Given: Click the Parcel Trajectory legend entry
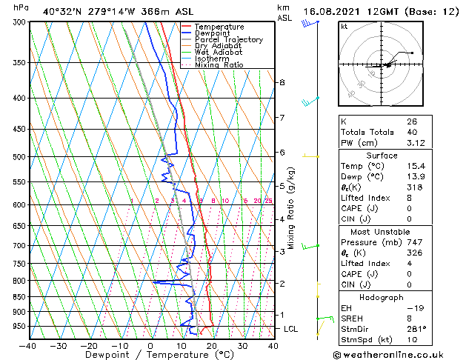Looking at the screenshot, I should [228, 39].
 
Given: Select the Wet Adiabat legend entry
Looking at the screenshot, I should [219, 53].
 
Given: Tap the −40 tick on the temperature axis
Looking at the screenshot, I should [27, 345].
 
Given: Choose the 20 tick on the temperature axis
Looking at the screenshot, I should [211, 345].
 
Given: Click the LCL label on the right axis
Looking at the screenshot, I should [290, 328].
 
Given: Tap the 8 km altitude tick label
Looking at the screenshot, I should [282, 82].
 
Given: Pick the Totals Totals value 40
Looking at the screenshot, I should [412, 132].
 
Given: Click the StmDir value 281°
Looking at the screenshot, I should [416, 330].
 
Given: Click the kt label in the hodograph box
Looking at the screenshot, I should [344, 27].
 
